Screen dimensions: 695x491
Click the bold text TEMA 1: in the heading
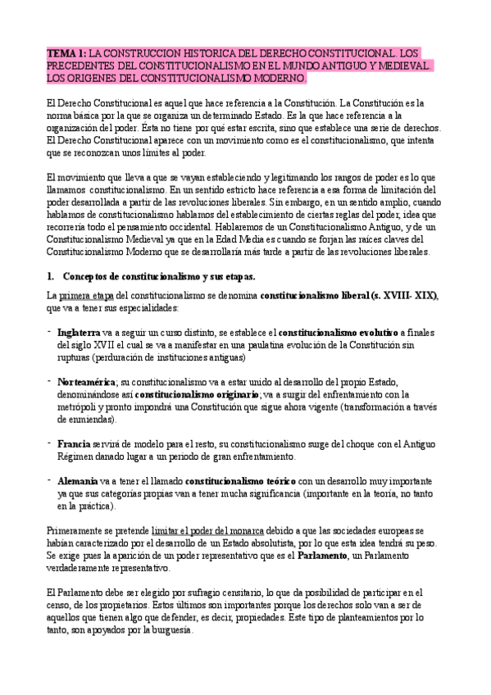tap(66, 52)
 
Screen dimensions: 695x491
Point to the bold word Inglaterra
tap(80, 334)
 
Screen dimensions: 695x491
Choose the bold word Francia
tap(73, 443)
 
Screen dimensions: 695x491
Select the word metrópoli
tap(80, 407)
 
